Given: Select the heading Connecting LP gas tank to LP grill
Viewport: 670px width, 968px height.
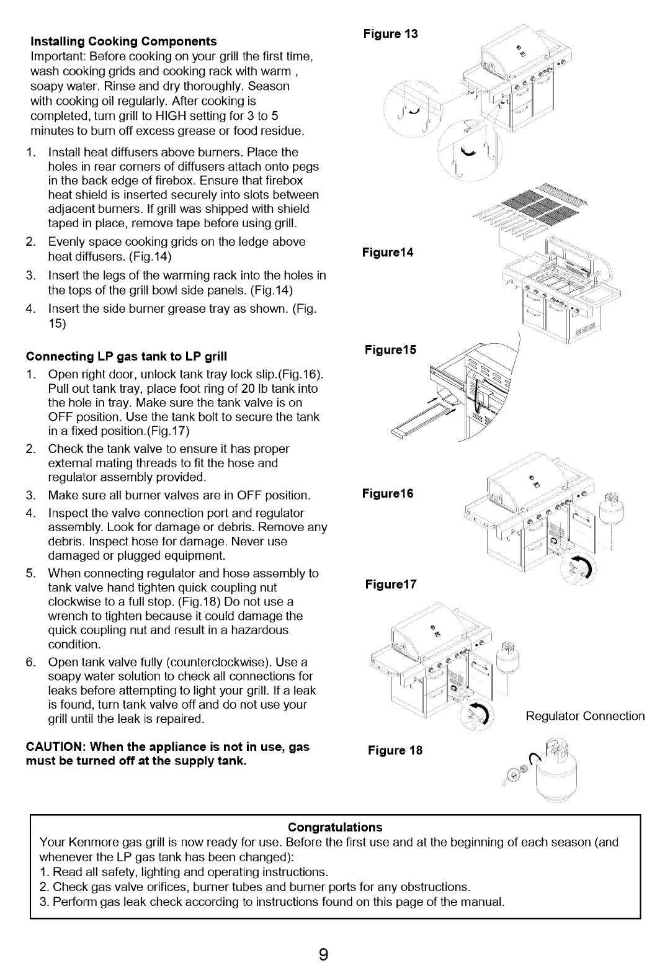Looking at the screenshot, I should [127, 356].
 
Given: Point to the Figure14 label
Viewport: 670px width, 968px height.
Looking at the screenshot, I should [388, 253].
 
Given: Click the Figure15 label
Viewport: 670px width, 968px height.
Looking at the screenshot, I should [390, 349].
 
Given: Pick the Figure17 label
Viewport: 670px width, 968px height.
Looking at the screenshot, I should [391, 585].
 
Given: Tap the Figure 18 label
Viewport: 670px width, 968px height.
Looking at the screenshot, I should [395, 750].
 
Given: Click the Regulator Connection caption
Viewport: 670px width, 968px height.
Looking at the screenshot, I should [585, 716].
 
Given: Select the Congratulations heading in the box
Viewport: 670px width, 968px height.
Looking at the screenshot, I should [335, 827].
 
